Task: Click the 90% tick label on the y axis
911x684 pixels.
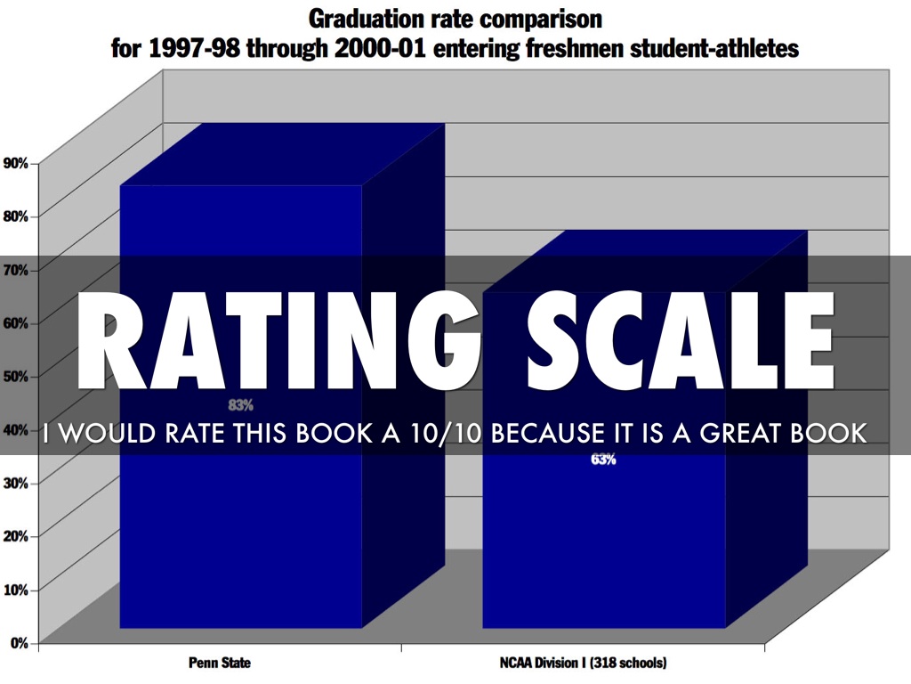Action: (16, 162)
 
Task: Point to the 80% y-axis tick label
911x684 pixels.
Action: (16, 216)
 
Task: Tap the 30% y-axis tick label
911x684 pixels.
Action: (16, 483)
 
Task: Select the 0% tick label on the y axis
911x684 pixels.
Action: (19, 643)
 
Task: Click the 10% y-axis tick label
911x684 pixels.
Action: (16, 590)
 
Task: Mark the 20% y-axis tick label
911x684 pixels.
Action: (16, 536)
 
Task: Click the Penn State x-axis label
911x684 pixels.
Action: (220, 664)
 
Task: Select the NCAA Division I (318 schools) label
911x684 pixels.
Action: (584, 664)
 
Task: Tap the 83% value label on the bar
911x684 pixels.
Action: (240, 404)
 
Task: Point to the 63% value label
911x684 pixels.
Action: (603, 460)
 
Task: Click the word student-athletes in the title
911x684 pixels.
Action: (717, 47)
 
